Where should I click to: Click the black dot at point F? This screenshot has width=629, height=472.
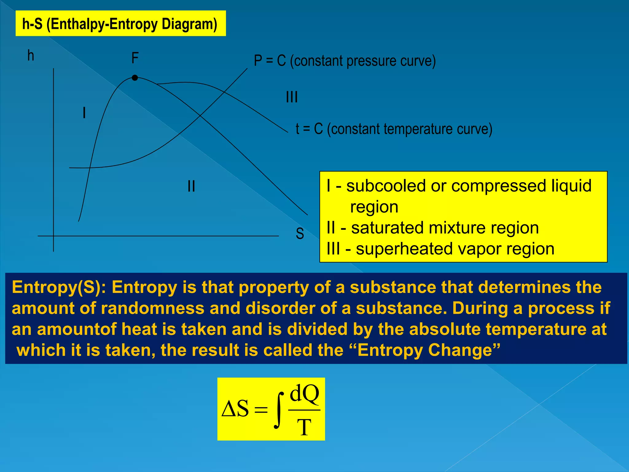coord(135,78)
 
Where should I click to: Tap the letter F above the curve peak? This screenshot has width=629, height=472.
coord(135,58)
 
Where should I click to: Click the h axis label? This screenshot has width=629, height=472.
coord(31,56)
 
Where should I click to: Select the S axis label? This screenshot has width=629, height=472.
coord(300,234)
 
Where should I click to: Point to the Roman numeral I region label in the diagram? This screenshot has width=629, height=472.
coord(84,113)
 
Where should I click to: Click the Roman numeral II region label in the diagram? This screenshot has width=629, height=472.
coord(191,186)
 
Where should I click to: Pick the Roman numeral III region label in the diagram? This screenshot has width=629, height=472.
coord(291,97)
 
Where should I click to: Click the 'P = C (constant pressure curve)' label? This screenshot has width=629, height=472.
coord(345,61)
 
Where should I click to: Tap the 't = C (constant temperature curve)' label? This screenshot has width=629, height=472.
coord(394,129)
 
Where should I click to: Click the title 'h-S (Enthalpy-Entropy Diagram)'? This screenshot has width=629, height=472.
coord(120,24)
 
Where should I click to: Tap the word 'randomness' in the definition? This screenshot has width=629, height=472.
coord(152,308)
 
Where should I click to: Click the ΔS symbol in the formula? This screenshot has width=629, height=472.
coord(236,409)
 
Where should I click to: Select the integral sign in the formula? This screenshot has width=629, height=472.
coord(278,410)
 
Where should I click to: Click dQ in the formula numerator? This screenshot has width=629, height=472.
coord(304,394)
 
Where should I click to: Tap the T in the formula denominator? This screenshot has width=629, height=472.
coord(304,427)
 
